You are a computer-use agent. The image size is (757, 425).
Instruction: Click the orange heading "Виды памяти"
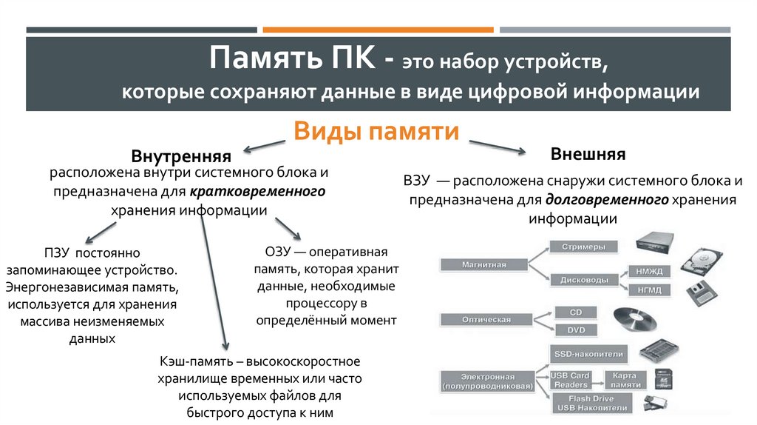[377, 133]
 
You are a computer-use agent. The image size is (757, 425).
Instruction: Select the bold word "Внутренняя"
[181, 156]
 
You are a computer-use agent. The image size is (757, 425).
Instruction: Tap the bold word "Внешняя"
[588, 155]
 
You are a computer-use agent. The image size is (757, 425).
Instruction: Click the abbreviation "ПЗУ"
[58, 253]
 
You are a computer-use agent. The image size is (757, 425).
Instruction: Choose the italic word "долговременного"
[608, 200]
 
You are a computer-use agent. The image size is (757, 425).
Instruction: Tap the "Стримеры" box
[583, 247]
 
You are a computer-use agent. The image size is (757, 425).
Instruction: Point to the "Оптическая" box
[486, 319]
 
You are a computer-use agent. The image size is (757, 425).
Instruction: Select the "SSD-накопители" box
[589, 354]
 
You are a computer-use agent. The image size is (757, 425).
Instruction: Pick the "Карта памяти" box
[624, 380]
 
